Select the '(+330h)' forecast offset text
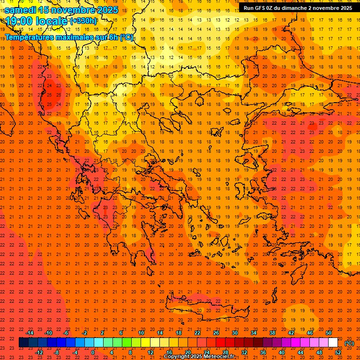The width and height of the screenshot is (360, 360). pyautogui.click(x=83, y=21)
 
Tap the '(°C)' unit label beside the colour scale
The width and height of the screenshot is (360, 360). pyautogui.click(x=349, y=343)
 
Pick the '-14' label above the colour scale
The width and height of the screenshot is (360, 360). pyautogui.click(x=30, y=333)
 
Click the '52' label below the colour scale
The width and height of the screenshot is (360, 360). pyautogui.click(x=338, y=352)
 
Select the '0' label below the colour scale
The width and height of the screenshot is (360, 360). pyautogui.click(x=93, y=352)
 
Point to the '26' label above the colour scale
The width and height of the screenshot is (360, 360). pyautogui.click(x=216, y=333)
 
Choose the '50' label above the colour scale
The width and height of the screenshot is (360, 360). pyautogui.click(x=329, y=333)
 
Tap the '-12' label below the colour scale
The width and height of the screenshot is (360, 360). pyautogui.click(x=39, y=352)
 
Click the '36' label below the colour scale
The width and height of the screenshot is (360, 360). pyautogui.click(x=262, y=352)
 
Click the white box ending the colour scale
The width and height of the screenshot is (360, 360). pyautogui.click(x=333, y=343)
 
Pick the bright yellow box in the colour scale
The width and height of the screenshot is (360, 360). pyautogui.click(x=145, y=343)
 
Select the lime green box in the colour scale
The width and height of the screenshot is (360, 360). pyautogui.click(x=127, y=343)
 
